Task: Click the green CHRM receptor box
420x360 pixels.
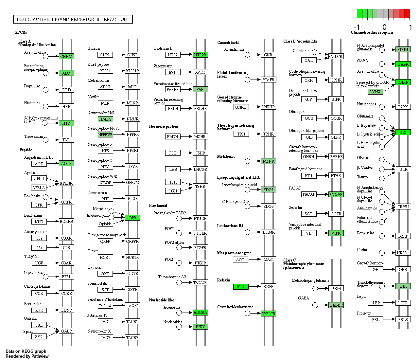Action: click(66, 56)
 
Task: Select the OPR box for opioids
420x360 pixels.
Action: click(132, 218)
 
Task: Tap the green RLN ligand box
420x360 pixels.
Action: click(241, 287)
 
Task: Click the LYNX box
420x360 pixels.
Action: click(376, 92)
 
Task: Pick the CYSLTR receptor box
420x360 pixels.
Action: click(268, 314)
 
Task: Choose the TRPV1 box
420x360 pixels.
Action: click(403, 207)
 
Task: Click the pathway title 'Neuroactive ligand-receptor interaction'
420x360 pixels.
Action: click(72, 19)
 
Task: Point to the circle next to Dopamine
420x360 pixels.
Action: click(46, 90)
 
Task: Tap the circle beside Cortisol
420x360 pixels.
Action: click(382, 253)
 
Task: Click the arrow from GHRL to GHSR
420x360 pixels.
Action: click(119, 55)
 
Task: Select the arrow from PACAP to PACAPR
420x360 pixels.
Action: click(323, 194)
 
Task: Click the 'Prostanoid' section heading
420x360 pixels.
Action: click(158, 205)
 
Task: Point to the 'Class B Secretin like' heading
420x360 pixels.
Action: click(300, 41)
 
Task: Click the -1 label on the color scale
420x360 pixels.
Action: click(357, 27)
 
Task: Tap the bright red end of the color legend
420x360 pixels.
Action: click(407, 14)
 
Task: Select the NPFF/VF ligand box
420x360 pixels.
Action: click(105, 135)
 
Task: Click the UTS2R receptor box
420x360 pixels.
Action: click(200, 55)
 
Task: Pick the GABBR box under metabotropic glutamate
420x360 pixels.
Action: click(336, 305)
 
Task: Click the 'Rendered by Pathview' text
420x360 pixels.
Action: click(27, 356)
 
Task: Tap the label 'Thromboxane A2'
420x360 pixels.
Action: click(172, 277)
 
